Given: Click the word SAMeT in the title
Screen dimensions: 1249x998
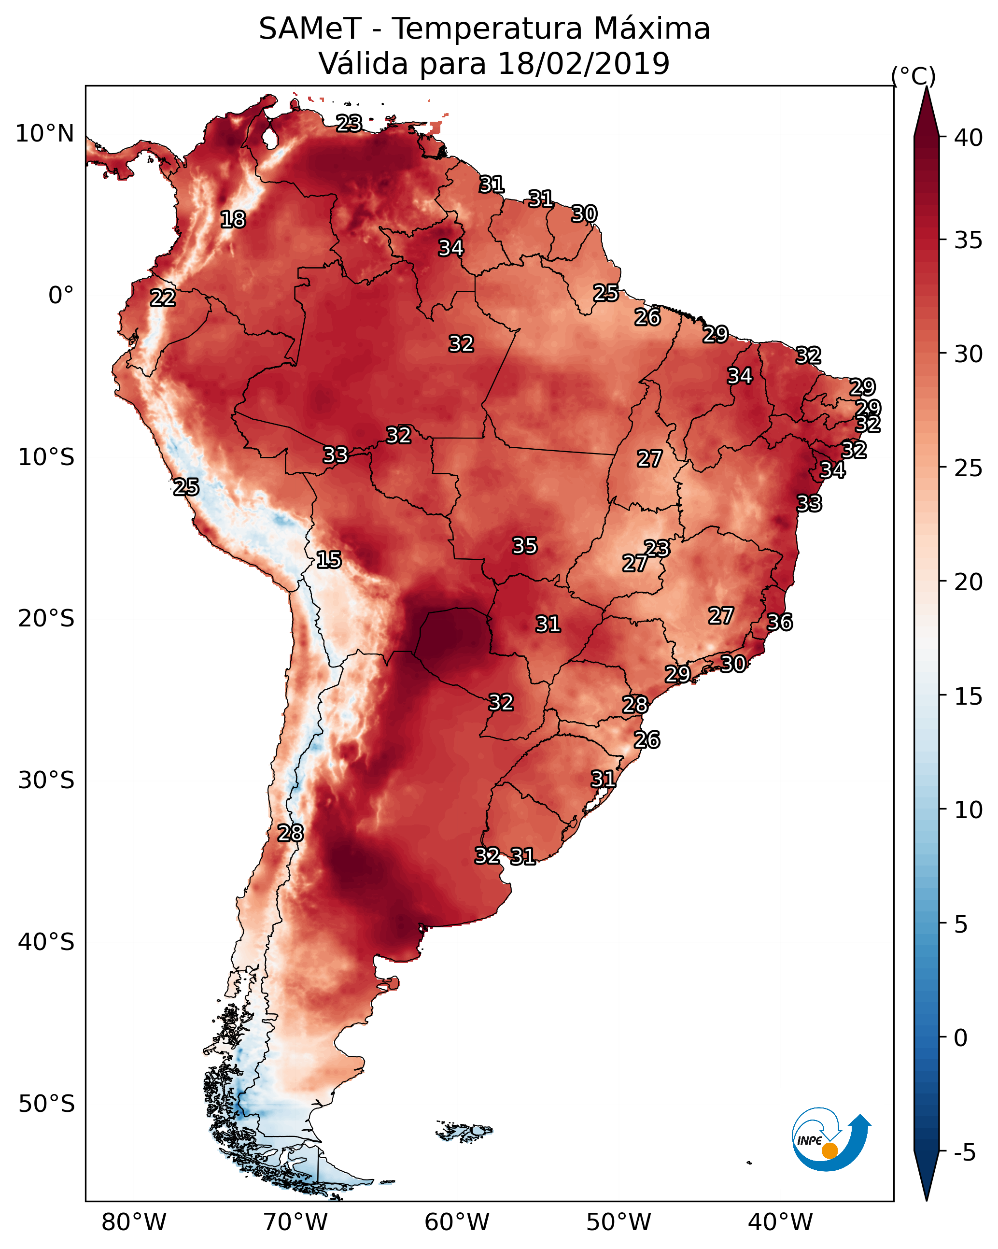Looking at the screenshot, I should click(x=310, y=29).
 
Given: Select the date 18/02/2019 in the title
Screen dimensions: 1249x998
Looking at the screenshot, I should click(x=583, y=64).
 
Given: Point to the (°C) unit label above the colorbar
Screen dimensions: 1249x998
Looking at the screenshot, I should click(x=914, y=76).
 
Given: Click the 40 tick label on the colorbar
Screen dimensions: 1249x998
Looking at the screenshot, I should click(x=969, y=138).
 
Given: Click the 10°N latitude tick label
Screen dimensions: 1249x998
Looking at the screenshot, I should click(x=44, y=134).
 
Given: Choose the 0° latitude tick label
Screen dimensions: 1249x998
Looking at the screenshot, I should click(x=61, y=296).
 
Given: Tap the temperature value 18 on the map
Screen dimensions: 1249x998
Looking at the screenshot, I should click(x=233, y=220).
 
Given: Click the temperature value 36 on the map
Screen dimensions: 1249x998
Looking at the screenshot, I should click(x=780, y=622).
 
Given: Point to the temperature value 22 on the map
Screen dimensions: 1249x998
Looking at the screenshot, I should click(x=163, y=298).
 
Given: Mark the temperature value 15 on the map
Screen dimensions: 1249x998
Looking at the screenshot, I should click(x=328, y=560).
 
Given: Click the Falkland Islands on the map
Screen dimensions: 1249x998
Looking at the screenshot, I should click(x=464, y=1131).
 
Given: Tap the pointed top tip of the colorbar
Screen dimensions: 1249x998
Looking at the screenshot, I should click(x=926, y=88).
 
